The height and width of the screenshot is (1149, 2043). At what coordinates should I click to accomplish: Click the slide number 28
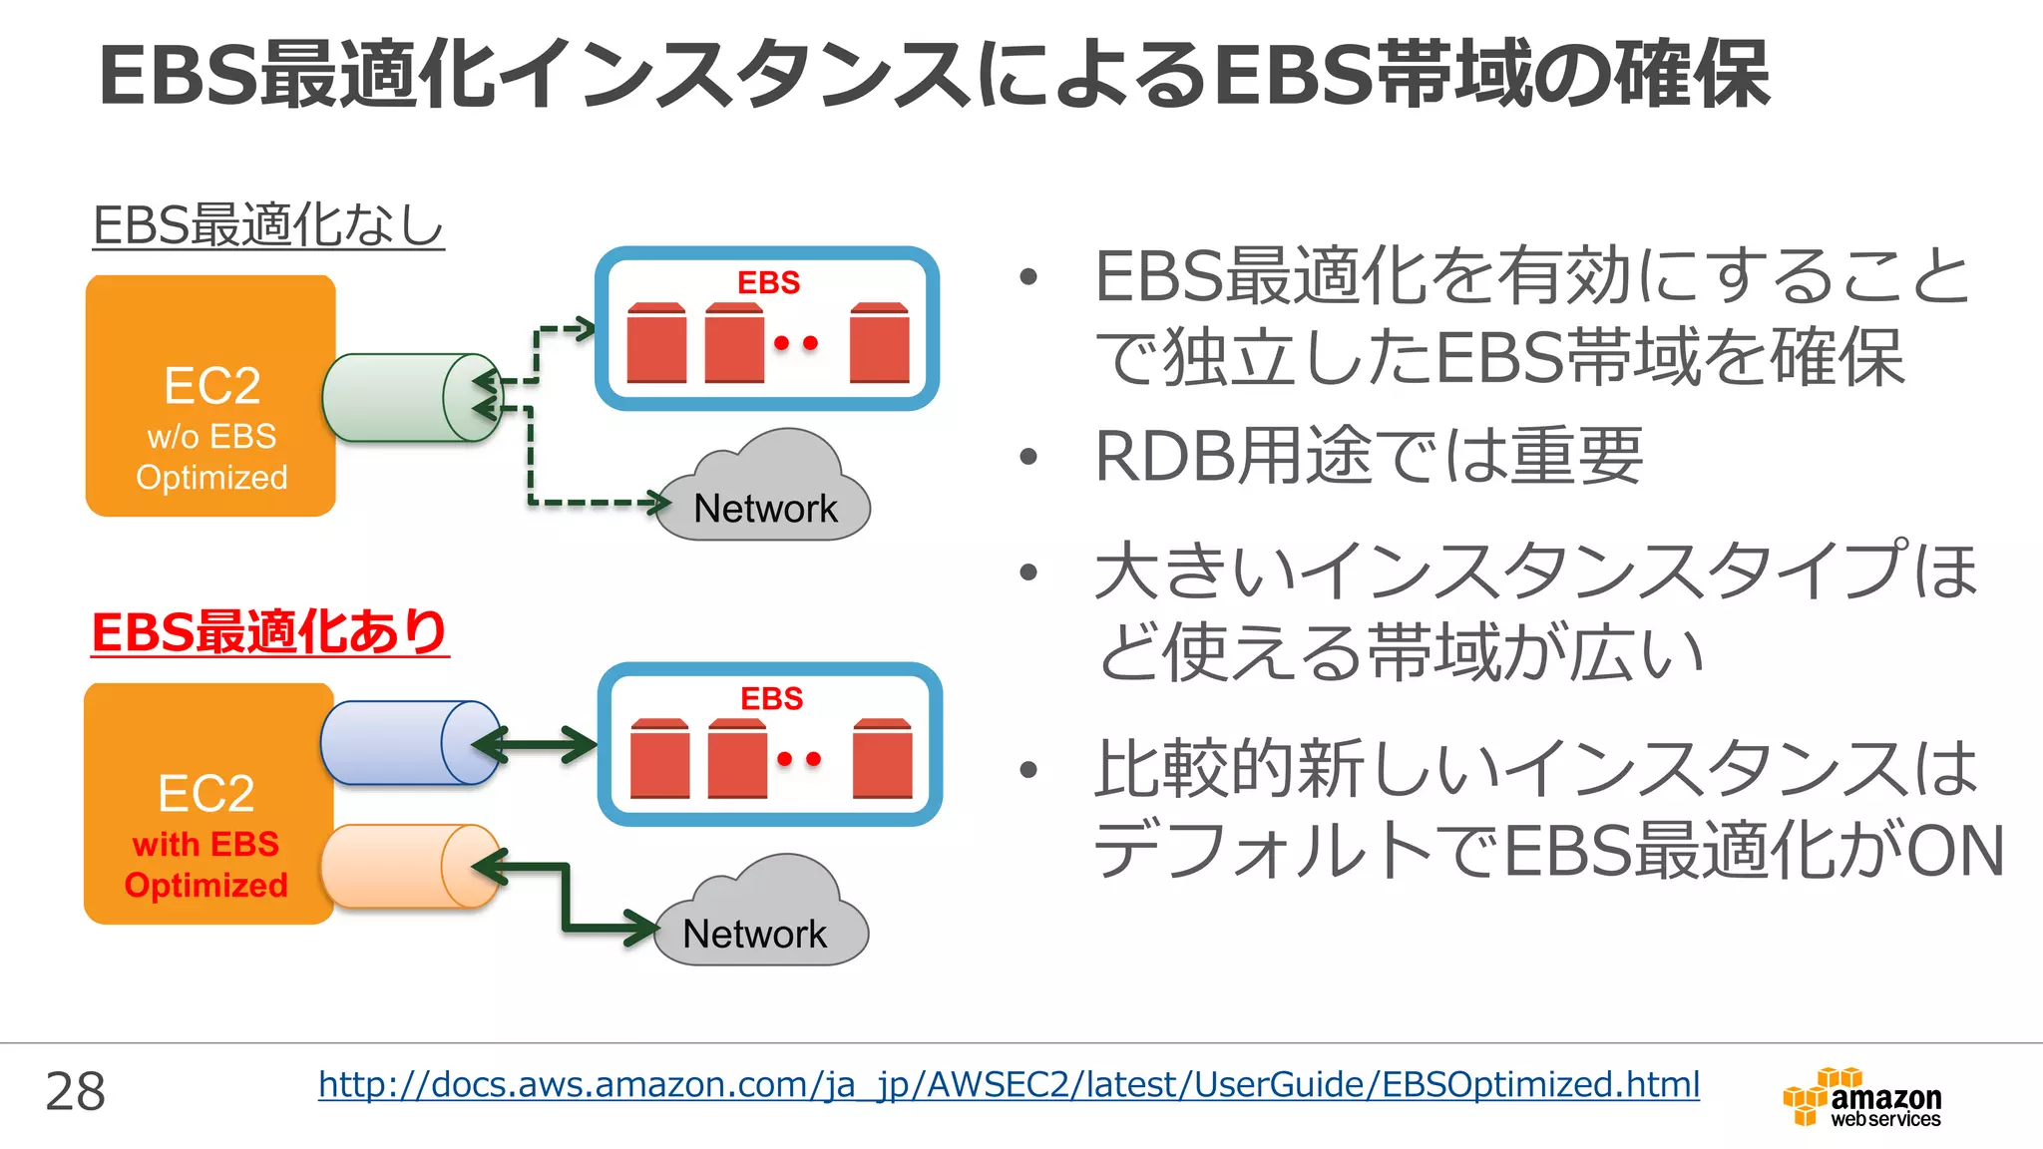tap(75, 1091)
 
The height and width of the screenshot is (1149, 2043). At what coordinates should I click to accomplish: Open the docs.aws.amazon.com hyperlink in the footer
tap(1008, 1084)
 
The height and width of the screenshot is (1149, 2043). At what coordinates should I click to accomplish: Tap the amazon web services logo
tap(1861, 1097)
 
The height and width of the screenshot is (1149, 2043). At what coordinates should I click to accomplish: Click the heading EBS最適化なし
tap(267, 224)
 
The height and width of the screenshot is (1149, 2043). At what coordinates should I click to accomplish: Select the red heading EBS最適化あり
tap(269, 632)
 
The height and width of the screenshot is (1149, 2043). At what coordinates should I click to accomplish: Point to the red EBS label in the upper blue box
tap(768, 282)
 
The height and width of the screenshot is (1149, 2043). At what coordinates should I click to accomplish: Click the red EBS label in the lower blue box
tap(771, 698)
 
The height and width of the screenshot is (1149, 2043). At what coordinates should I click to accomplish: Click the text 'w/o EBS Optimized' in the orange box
tap(211, 457)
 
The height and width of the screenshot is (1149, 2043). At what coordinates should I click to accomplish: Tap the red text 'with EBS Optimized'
tap(205, 865)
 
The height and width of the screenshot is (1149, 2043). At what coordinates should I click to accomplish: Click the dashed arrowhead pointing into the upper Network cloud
tap(658, 503)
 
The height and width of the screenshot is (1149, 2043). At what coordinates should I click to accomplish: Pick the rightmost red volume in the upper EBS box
tap(879, 344)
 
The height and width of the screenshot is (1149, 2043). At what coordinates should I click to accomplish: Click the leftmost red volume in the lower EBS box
tap(659, 759)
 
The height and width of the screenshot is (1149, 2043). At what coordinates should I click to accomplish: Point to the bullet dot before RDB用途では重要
tap(1028, 458)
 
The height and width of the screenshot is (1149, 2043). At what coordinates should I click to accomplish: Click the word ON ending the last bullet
tap(1954, 851)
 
